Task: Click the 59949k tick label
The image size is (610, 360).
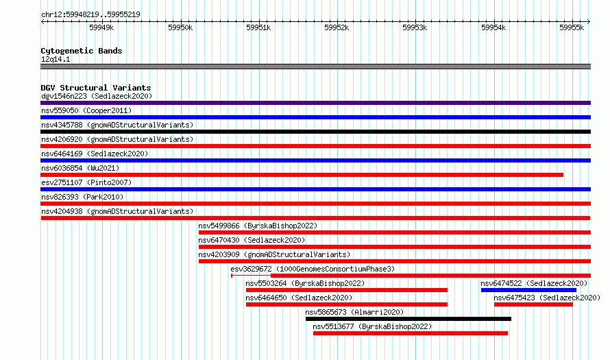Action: coord(101,27)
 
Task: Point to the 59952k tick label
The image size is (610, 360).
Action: coord(337,27)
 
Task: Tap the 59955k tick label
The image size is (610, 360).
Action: coord(572,27)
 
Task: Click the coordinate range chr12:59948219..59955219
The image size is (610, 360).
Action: coord(90,15)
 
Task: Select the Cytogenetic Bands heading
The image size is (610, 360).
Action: coord(82,51)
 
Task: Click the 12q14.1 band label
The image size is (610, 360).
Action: coord(56,59)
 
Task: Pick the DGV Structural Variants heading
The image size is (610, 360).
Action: coord(96,88)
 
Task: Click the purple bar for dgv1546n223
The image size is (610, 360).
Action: coord(315,103)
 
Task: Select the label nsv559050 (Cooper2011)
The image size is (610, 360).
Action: coord(86,110)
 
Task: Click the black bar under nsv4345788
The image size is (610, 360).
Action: coord(315,132)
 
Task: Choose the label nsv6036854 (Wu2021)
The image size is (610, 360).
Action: coord(80,168)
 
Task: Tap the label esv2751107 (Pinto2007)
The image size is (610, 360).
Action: coord(86,182)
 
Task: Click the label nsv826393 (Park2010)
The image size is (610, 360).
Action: coord(82,197)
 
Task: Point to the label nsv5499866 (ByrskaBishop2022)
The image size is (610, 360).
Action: coord(258,226)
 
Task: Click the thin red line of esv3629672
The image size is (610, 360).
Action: coord(251,276)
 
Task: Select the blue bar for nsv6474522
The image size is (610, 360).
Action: coord(528,290)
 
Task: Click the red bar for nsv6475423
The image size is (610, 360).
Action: coord(533,304)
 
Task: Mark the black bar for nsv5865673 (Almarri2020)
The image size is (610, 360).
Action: coord(408,319)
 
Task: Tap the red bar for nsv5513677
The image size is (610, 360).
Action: coord(411,333)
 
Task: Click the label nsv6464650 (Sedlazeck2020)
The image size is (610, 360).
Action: coord(299,298)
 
